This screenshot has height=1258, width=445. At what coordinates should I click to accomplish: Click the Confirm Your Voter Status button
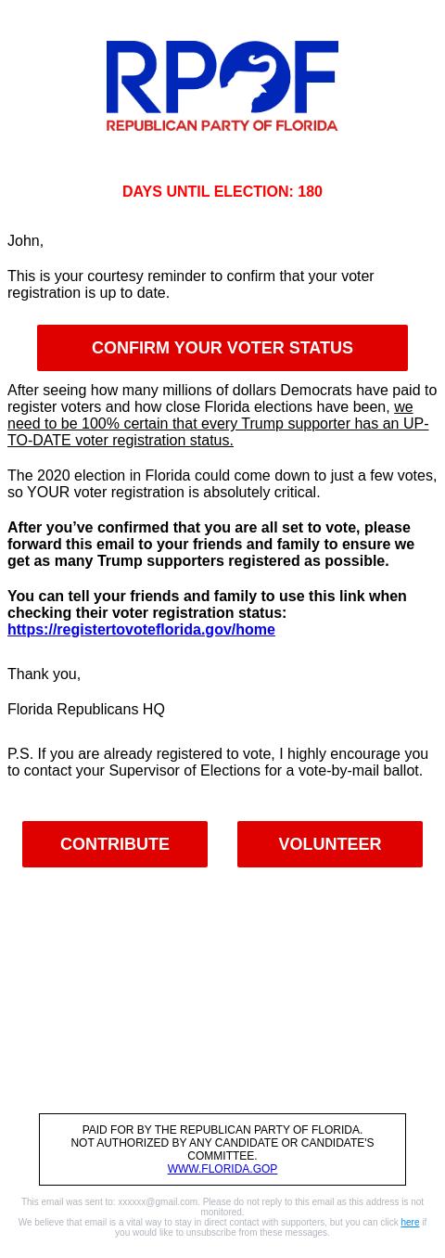click(222, 348)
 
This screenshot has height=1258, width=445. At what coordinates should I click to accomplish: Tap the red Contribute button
click(115, 844)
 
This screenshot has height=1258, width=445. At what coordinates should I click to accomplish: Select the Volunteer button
click(330, 844)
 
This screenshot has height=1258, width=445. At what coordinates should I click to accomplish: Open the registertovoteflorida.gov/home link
click(141, 629)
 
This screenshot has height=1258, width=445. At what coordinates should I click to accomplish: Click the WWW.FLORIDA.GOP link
click(222, 1169)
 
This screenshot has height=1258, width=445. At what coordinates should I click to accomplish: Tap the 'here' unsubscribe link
click(410, 1223)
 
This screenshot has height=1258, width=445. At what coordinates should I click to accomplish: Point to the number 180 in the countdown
click(310, 191)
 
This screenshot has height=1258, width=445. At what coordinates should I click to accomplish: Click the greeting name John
click(24, 240)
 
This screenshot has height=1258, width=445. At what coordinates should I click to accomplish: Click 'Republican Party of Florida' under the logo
click(222, 124)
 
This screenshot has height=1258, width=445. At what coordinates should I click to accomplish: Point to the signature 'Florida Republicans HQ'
click(86, 709)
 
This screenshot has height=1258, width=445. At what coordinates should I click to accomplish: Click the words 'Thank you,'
click(44, 674)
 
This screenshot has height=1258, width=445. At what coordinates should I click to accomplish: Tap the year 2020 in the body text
click(54, 475)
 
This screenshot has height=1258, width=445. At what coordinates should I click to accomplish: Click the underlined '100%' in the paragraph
click(100, 423)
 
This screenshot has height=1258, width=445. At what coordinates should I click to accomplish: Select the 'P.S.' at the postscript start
click(19, 753)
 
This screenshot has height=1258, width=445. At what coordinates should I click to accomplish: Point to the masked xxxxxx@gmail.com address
click(158, 1202)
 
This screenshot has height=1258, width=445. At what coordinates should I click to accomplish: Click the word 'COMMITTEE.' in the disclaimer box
click(222, 1156)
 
